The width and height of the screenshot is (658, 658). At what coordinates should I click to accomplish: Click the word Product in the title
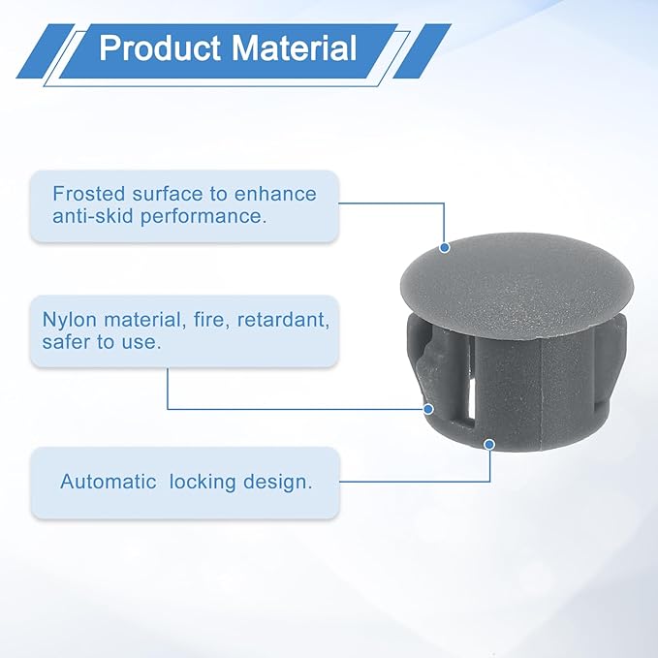pos(160,47)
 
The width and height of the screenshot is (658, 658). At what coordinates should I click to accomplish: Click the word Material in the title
pos(294,47)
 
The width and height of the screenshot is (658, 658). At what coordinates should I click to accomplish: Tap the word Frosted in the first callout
pos(89,194)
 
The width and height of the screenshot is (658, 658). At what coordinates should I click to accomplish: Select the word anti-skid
pos(92,216)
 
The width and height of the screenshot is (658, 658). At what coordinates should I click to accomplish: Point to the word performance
pos(204,217)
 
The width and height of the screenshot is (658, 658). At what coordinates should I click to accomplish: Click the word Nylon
pos(70,320)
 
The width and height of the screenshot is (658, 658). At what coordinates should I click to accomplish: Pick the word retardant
pos(283,320)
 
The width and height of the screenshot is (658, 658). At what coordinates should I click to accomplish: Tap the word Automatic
pos(109,482)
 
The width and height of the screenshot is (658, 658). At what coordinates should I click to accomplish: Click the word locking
pos(203,483)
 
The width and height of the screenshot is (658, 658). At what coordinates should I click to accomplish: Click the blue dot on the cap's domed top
pos(445,247)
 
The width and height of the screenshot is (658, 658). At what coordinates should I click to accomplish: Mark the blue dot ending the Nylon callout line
pos(428,409)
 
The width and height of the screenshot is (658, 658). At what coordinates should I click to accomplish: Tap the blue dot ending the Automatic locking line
pos(489,445)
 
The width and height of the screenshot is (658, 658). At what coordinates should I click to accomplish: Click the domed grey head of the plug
pos(517,285)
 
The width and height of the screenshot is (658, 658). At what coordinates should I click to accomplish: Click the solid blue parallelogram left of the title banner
pos(46,51)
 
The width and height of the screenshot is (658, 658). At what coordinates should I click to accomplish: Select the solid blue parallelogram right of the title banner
pos(422,51)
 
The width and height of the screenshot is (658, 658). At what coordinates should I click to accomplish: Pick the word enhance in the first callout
pos(275,194)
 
